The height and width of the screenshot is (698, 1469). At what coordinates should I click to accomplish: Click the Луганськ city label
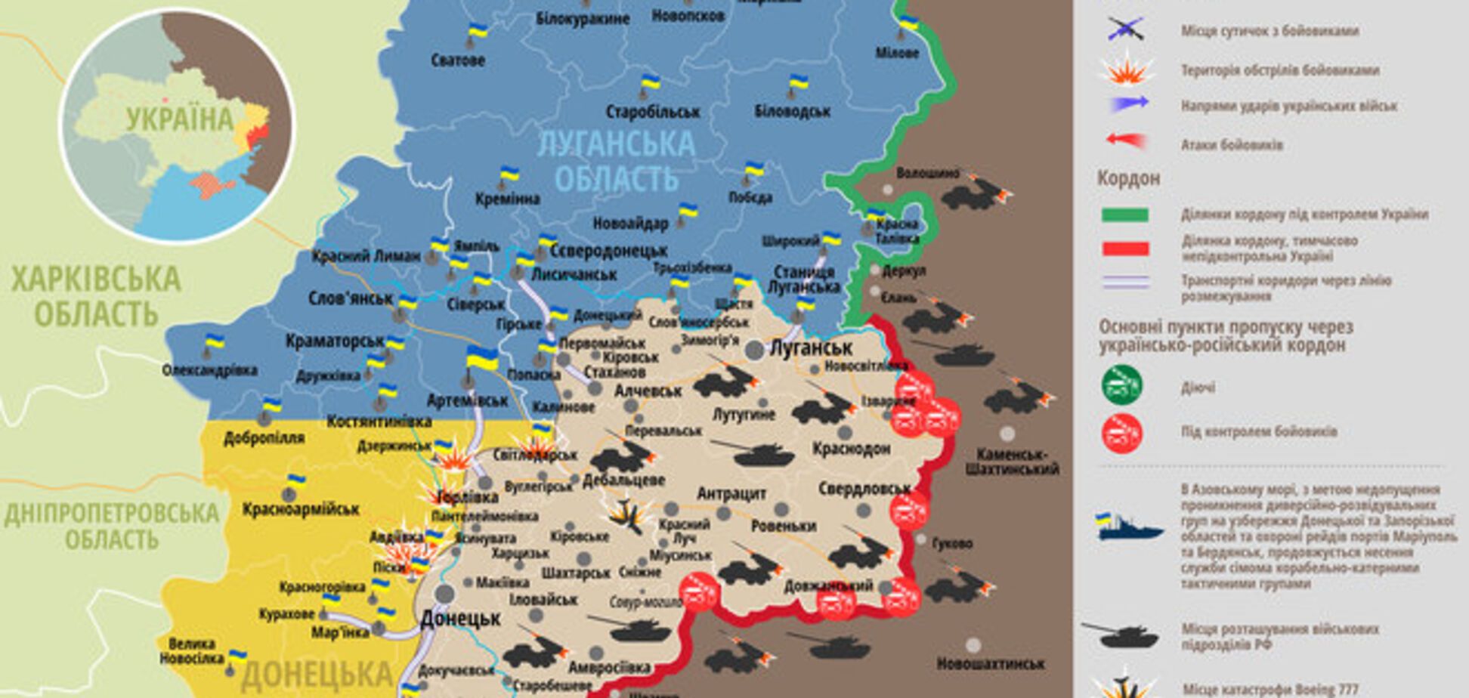(x=810, y=348)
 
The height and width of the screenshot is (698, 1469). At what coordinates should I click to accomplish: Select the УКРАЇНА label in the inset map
(x=180, y=119)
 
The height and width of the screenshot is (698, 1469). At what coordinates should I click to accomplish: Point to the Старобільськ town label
(x=653, y=112)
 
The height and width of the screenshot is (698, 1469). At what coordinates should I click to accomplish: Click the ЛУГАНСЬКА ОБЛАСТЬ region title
(x=616, y=161)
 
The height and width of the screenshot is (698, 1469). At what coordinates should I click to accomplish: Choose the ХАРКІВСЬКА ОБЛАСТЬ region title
(x=96, y=295)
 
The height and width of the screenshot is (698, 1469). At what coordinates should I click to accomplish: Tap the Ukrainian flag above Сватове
(x=478, y=32)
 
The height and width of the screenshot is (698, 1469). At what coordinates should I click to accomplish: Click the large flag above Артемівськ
(x=481, y=358)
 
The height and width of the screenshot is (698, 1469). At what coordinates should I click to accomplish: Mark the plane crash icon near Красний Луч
(x=624, y=516)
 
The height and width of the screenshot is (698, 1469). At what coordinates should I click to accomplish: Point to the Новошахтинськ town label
(x=990, y=664)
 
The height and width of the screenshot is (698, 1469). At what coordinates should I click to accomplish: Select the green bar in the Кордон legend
(x=1125, y=215)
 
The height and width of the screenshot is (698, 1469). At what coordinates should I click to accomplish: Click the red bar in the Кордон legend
(x=1125, y=249)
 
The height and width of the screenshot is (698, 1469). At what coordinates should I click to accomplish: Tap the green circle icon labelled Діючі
(x=1121, y=385)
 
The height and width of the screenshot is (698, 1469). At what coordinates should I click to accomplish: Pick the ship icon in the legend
(x=1129, y=527)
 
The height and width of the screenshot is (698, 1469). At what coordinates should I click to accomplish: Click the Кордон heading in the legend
(x=1128, y=179)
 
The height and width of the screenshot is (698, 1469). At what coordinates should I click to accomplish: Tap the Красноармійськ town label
(x=301, y=509)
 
